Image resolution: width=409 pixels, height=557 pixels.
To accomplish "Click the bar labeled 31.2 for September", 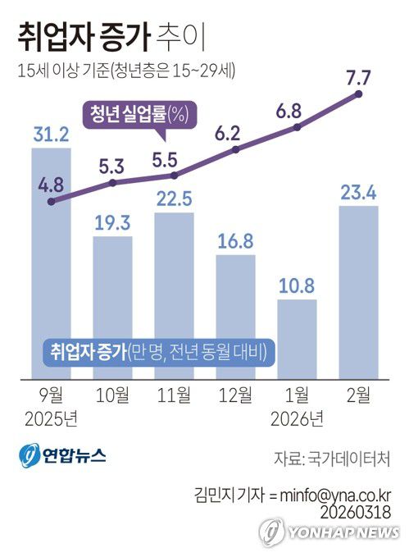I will pyautogui.click(x=51, y=263).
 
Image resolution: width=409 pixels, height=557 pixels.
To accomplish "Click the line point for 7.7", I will pyautogui.click(x=359, y=95).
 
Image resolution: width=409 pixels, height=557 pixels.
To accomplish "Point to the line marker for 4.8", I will pyautogui.click(x=52, y=200).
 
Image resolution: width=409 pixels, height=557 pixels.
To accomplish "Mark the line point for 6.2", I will pyautogui.click(x=236, y=150).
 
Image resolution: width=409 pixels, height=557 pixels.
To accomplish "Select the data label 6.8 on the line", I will pyautogui.click(x=297, y=110).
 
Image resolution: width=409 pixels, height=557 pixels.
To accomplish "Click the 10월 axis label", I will pyautogui.click(x=113, y=396).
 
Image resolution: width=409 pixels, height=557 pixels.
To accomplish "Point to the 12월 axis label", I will pyautogui.click(x=236, y=396).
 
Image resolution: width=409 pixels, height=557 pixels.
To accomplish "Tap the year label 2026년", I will pyautogui.click(x=297, y=419).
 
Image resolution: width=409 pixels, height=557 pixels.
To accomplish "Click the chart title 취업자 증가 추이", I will pyautogui.click(x=111, y=36).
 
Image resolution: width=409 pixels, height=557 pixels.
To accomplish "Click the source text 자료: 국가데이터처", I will pyautogui.click(x=332, y=457).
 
